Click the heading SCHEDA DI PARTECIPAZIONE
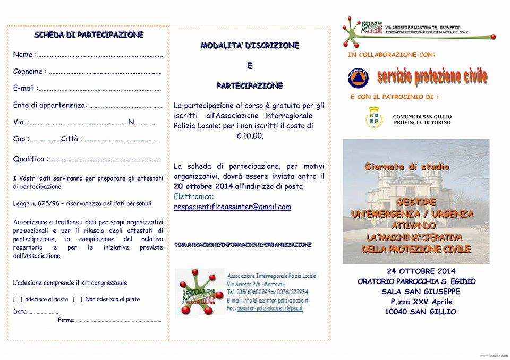[x=89, y=36]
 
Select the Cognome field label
[x=28, y=72]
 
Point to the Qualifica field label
[x=29, y=159]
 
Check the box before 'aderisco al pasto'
[x=18, y=299]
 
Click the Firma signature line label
[x=65, y=320]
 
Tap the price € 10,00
[x=250, y=136]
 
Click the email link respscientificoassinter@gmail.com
[x=232, y=207]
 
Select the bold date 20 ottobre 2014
[x=202, y=186]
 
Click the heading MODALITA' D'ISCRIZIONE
[x=250, y=46]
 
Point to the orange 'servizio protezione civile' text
[x=432, y=77]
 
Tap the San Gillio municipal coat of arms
[x=374, y=118]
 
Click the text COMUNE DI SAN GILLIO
[x=422, y=116]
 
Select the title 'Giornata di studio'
[x=407, y=167]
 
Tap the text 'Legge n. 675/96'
[x=38, y=203]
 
